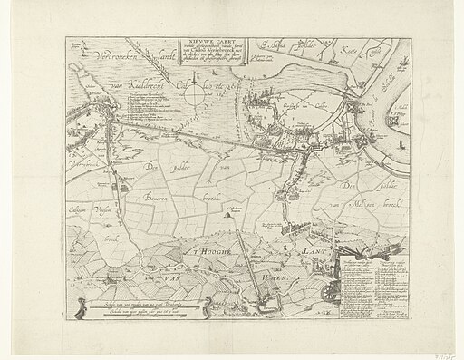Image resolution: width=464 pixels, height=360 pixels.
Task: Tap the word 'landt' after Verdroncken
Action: point(168,55)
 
